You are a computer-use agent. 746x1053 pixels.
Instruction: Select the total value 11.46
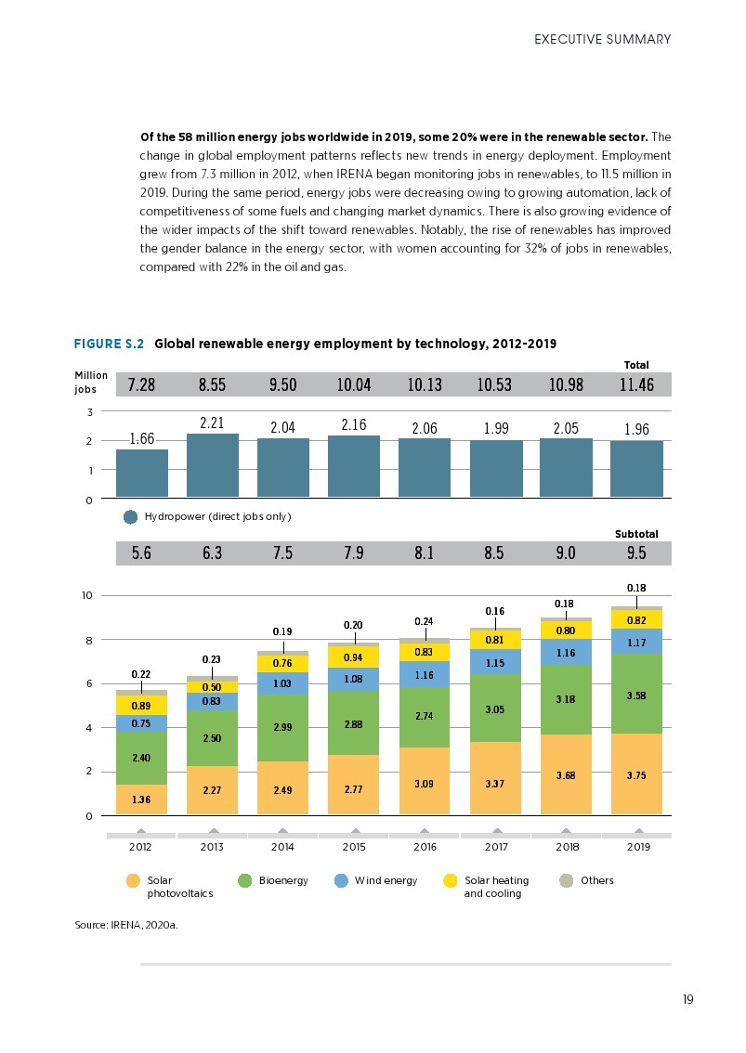(x=638, y=384)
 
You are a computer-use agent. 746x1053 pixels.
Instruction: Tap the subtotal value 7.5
(x=283, y=553)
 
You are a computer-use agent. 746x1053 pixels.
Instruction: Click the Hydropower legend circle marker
(x=131, y=516)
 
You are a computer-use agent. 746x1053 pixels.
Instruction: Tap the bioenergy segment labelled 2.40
(x=141, y=758)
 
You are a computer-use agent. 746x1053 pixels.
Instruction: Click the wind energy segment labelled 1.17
(x=636, y=642)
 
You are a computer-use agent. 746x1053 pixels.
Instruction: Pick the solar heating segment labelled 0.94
(x=354, y=657)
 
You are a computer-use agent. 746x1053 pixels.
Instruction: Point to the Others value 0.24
(x=425, y=620)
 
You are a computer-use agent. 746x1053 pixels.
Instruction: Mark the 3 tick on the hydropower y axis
(x=89, y=411)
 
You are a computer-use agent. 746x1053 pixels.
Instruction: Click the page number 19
(x=687, y=1000)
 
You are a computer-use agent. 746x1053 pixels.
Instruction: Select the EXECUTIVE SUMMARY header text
(x=602, y=39)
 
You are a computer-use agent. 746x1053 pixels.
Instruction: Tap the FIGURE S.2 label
(x=109, y=344)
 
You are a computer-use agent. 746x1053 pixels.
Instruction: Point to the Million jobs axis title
(x=91, y=383)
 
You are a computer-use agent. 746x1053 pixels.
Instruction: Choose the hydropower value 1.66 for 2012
(x=141, y=439)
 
